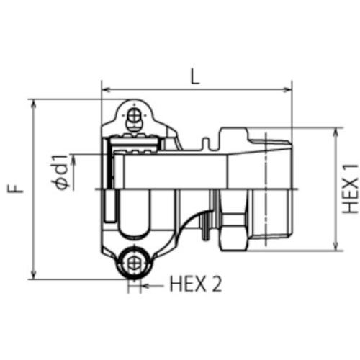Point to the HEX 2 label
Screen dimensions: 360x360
point(194,284)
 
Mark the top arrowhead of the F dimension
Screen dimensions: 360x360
point(34,103)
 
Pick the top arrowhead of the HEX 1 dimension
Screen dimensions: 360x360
point(336,132)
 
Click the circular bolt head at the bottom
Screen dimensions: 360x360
point(132,264)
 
